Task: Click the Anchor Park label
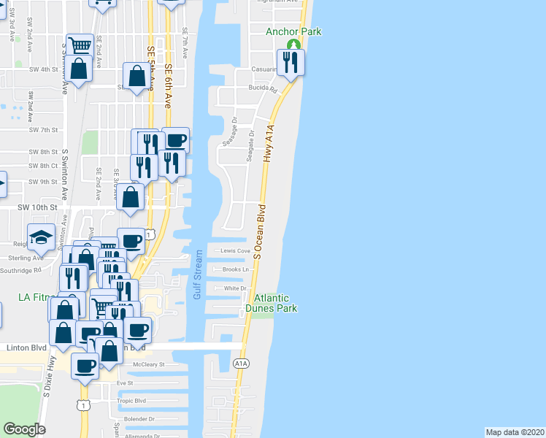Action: (x=293, y=31)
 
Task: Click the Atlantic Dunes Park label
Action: (x=275, y=303)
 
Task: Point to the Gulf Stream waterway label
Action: (x=197, y=275)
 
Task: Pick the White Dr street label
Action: (x=235, y=288)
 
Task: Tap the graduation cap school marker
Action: (x=42, y=237)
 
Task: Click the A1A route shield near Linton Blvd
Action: (x=242, y=363)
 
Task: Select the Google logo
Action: (x=24, y=429)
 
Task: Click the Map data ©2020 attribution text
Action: (x=515, y=431)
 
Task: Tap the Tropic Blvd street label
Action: (x=131, y=401)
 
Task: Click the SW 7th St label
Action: (x=43, y=129)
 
